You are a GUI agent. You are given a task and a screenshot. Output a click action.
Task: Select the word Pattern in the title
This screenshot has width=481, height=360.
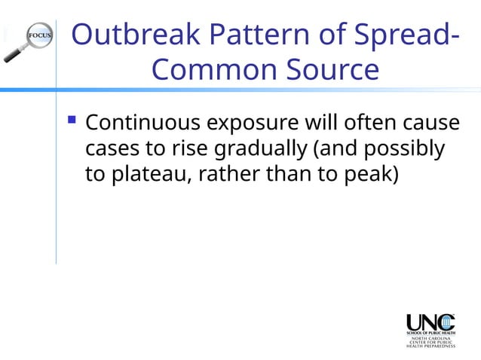pyautogui.click(x=253, y=35)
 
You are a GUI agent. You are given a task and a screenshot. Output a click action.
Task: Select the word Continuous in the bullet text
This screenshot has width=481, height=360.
pyautogui.click(x=142, y=122)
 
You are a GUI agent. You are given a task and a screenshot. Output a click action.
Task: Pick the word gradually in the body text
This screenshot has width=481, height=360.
pyautogui.click(x=259, y=148)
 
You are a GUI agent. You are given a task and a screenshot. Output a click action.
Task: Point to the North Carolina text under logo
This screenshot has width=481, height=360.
pyautogui.click(x=431, y=338)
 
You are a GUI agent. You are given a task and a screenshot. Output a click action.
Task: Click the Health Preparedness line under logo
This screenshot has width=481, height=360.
pyautogui.click(x=431, y=347)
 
